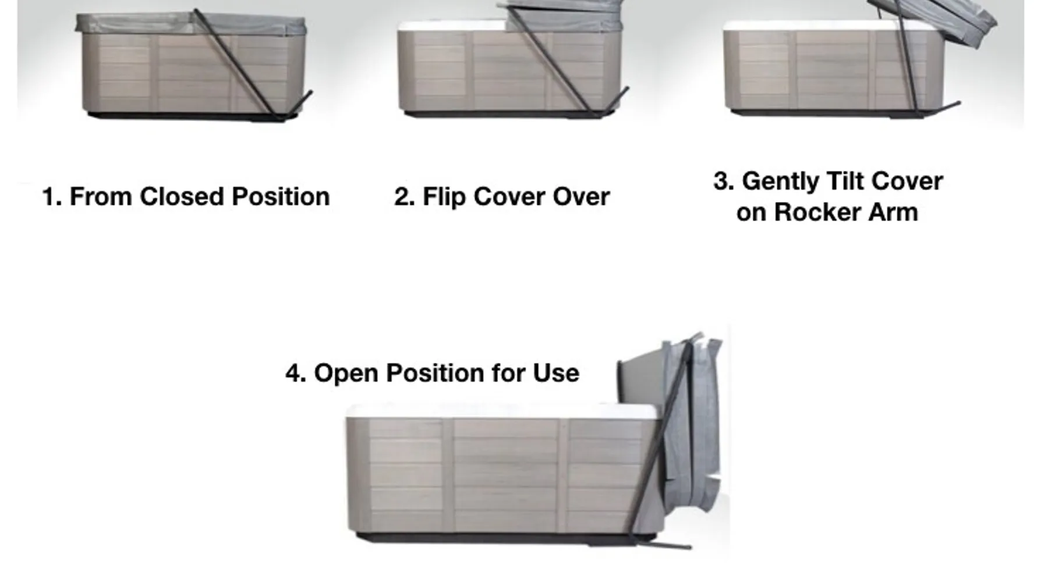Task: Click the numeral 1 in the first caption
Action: tap(51, 197)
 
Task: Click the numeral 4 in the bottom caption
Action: tap(295, 373)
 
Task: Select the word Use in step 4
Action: tap(556, 373)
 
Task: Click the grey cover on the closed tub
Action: tap(191, 24)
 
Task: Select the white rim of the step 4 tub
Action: tap(504, 411)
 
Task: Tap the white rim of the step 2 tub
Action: tap(452, 27)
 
